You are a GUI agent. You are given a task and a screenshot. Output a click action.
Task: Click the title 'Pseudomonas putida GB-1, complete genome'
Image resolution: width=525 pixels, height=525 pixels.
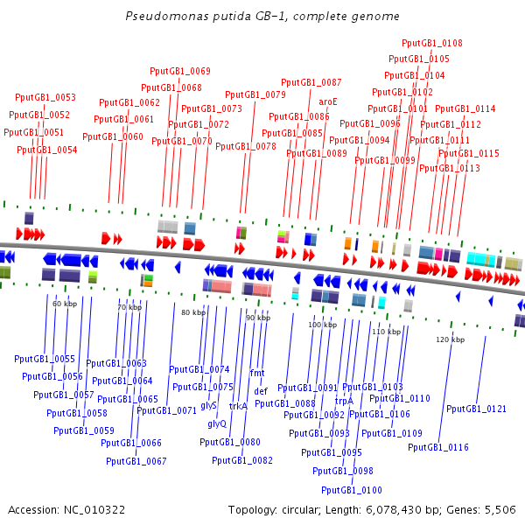point(262,16)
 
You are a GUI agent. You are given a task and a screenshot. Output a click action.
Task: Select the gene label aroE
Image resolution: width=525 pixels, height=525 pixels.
point(328,101)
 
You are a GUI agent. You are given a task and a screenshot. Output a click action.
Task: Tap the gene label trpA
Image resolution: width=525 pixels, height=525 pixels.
point(344,401)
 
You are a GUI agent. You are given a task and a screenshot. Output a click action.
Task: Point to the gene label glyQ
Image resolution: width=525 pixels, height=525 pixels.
point(217,423)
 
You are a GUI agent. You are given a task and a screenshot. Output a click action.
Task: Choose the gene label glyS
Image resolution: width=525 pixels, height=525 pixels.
point(208,405)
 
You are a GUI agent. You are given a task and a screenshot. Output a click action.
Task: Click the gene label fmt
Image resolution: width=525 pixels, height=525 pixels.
point(257,373)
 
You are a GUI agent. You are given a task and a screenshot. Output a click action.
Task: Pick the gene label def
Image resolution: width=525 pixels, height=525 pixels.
point(261,391)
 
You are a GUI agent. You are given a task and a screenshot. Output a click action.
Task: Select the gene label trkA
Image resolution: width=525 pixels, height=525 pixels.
point(238,406)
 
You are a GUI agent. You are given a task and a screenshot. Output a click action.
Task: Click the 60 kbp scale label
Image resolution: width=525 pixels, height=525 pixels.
point(65,304)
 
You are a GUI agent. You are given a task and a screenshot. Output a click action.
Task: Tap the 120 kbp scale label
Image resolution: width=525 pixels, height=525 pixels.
point(450,339)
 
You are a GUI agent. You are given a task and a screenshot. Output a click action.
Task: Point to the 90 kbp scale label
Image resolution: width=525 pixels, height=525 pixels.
point(258,318)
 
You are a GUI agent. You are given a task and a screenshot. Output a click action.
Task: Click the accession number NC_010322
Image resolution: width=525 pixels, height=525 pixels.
point(94,510)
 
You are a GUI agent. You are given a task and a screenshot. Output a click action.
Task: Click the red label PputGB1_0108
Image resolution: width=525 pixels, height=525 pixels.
point(432,43)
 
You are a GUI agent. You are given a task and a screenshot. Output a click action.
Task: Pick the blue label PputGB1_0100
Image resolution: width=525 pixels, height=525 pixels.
point(352,490)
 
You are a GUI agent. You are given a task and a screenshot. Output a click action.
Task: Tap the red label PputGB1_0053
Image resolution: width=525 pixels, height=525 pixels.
point(45,97)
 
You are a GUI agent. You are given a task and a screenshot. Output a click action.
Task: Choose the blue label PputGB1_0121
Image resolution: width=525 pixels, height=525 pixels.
point(476,409)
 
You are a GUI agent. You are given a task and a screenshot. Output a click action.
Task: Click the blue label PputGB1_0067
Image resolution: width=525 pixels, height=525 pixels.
point(136,461)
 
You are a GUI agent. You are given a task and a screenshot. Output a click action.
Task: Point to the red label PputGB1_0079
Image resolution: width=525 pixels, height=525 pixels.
point(255,94)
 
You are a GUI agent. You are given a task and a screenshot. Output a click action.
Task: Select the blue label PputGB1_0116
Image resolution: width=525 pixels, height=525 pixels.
point(438,447)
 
